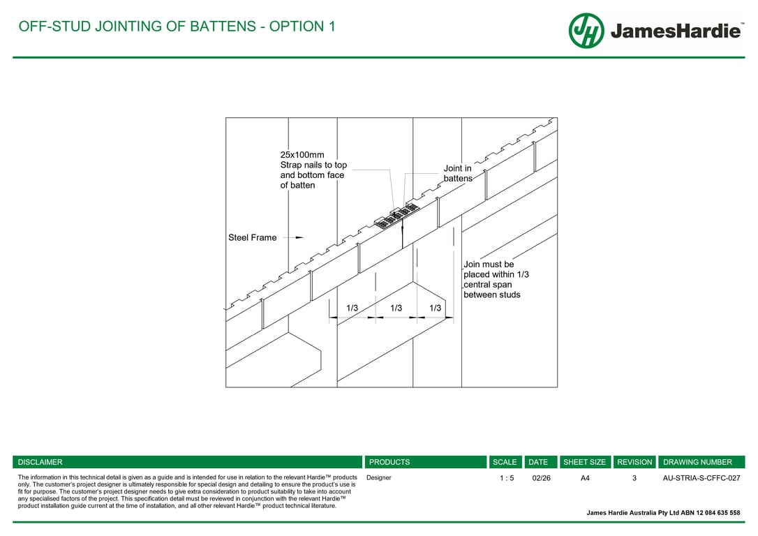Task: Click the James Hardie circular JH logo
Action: tap(586, 31)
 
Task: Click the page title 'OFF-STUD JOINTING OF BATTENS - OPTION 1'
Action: tap(177, 27)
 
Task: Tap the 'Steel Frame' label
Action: tap(252, 238)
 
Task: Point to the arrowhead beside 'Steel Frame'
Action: tap(299, 237)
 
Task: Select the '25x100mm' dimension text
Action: tap(302, 155)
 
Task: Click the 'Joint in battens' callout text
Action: tap(458, 174)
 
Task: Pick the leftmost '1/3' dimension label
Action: tap(352, 308)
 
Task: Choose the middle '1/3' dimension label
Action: tap(396, 308)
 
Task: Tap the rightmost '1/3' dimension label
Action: tap(435, 308)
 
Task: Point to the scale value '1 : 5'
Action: tap(507, 478)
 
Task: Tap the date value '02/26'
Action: tap(541, 478)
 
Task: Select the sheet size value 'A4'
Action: tap(585, 478)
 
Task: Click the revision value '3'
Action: tap(634, 478)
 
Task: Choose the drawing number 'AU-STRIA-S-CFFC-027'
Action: tap(701, 478)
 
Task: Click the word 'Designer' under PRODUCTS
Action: tap(379, 478)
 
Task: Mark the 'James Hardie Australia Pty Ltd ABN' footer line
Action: tap(663, 513)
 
